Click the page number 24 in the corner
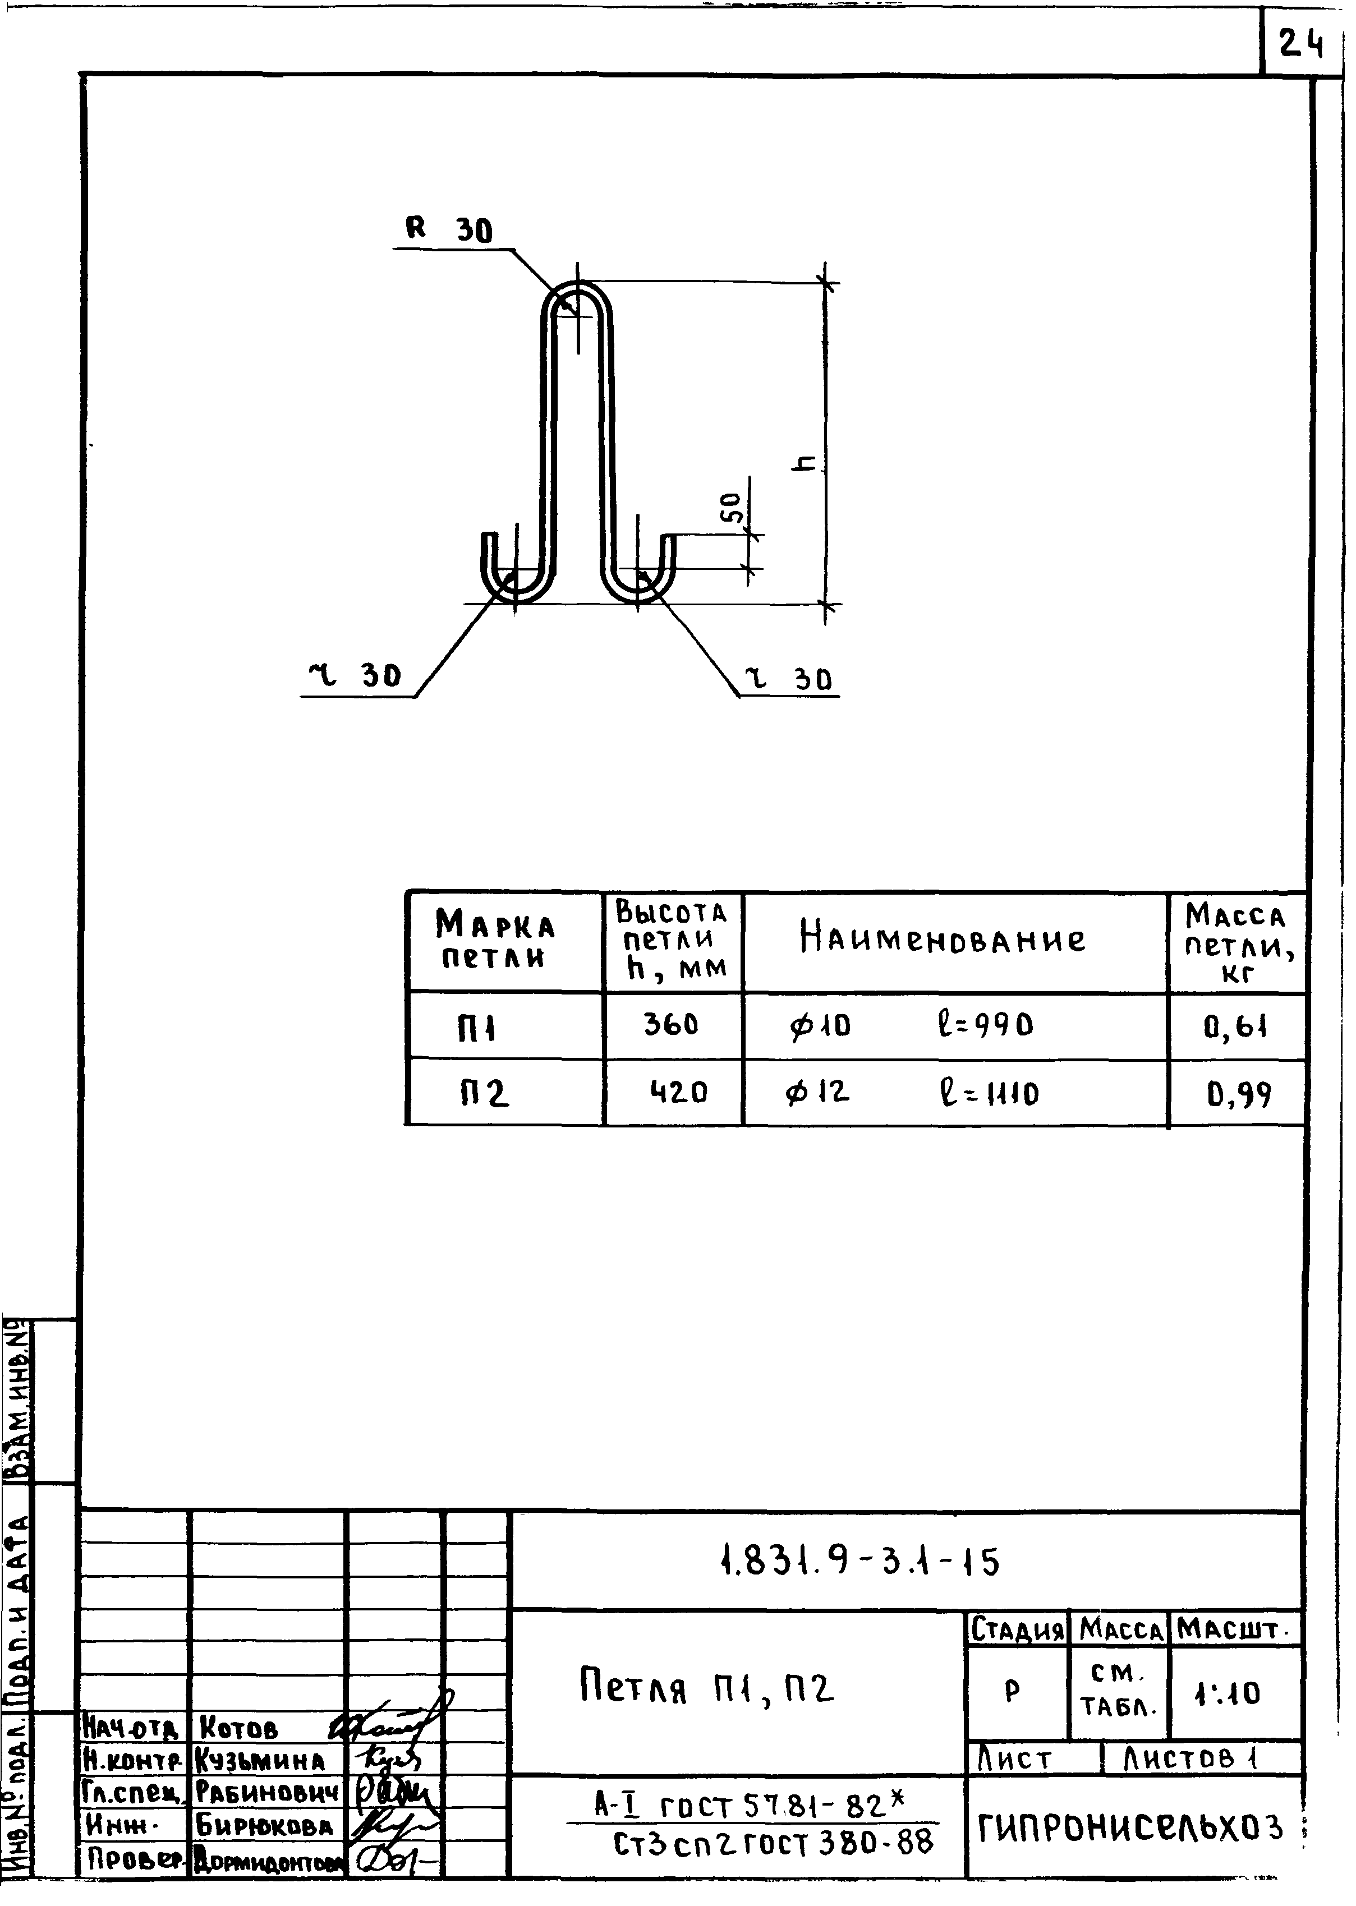tap(1301, 43)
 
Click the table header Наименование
tap(943, 939)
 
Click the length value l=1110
tap(988, 1093)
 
